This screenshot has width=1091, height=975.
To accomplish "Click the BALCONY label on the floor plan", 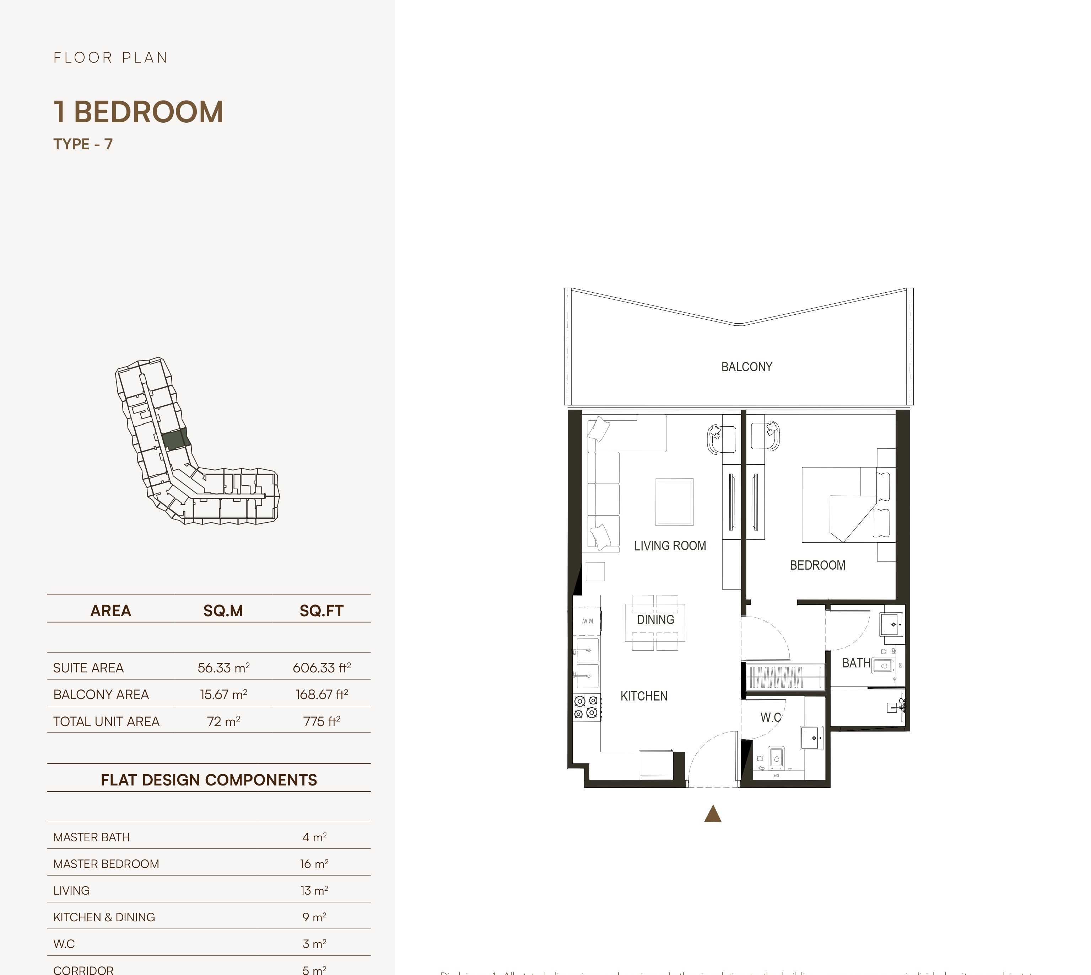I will [x=746, y=367].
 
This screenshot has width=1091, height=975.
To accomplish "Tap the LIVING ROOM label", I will [x=670, y=546].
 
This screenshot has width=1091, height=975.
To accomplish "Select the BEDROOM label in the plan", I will [x=817, y=565].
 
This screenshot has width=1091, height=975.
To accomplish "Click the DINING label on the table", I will [x=655, y=620].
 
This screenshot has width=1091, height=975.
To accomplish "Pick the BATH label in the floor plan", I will [x=856, y=663].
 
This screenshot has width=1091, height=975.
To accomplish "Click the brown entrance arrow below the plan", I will [x=713, y=814].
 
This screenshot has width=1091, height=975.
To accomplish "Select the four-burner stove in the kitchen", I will [x=586, y=707].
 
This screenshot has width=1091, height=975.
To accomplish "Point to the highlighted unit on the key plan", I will [x=175, y=440].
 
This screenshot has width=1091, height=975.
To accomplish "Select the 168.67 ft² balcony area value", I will [x=322, y=694].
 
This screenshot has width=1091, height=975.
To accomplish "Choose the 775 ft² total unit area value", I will [x=322, y=721].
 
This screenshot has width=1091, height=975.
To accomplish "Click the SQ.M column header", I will [x=223, y=611].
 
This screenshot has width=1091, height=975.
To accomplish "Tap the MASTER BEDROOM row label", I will [x=106, y=864].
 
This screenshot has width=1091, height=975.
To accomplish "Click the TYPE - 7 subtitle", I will [x=83, y=144].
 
